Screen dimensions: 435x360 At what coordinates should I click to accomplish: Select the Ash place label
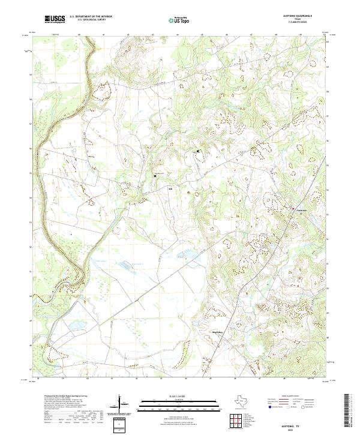click(x=170, y=188)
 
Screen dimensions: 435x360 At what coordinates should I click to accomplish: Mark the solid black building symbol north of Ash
click(x=197, y=151)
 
